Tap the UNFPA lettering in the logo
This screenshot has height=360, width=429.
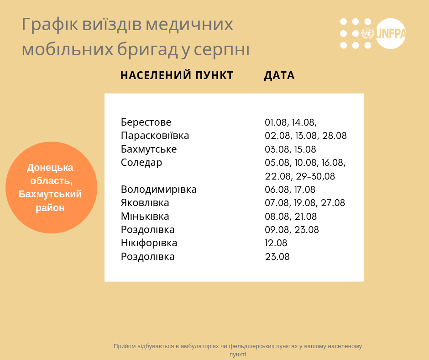pyautogui.click(x=391, y=34)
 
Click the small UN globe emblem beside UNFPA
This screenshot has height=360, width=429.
pyautogui.click(x=367, y=33)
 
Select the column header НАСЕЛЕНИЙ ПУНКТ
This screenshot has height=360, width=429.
pyautogui.click(x=177, y=75)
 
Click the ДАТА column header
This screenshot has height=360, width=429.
pyautogui.click(x=279, y=75)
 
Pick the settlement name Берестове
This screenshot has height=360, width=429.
pyautogui.click(x=146, y=122)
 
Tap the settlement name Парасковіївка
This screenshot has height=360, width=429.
pyautogui.click(x=155, y=136)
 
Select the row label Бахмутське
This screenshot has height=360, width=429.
pyautogui.click(x=149, y=149)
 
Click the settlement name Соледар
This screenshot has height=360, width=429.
pyautogui.click(x=141, y=163)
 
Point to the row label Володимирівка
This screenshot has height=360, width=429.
pyautogui.click(x=159, y=189)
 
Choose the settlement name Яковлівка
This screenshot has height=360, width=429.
pyautogui.click(x=145, y=203)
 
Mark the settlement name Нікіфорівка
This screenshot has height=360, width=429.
pyautogui.click(x=149, y=244)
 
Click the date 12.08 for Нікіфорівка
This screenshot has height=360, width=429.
pyautogui.click(x=276, y=243)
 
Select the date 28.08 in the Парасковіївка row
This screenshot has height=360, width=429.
pyautogui.click(x=335, y=136)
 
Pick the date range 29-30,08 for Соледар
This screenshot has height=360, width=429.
pyautogui.click(x=315, y=176)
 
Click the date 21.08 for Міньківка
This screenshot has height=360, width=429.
pyautogui.click(x=306, y=217)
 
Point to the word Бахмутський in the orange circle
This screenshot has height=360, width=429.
pyautogui.click(x=50, y=194)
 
